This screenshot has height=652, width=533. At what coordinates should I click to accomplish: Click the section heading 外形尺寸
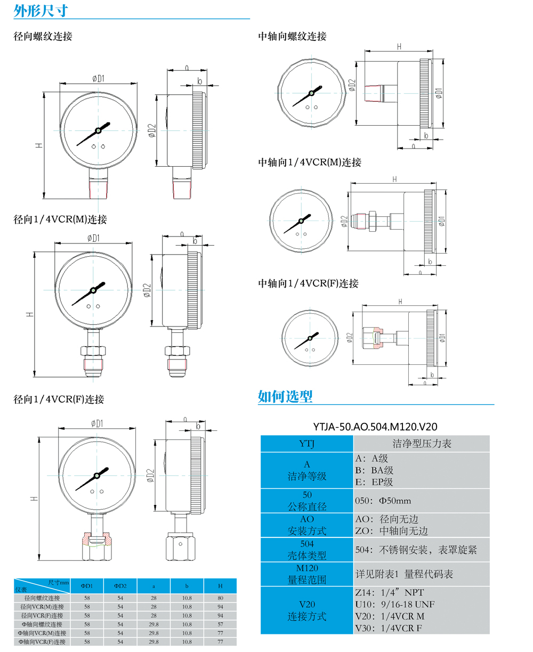click(x=41, y=10)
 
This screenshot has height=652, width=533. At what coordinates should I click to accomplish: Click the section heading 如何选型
click(x=285, y=396)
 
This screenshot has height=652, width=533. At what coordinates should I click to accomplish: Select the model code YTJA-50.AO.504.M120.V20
click(x=375, y=426)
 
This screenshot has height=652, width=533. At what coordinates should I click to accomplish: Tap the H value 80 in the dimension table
click(x=220, y=598)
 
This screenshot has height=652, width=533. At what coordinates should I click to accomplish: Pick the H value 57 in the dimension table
click(x=220, y=624)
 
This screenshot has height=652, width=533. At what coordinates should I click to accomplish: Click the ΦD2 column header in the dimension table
click(x=120, y=586)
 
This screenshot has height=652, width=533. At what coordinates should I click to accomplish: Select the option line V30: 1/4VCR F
click(x=390, y=627)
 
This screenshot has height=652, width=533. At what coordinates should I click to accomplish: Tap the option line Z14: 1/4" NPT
click(x=390, y=592)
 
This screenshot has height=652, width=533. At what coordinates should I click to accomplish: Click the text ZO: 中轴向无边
click(x=391, y=531)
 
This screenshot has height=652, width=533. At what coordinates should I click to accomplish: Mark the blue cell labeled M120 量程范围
click(x=307, y=574)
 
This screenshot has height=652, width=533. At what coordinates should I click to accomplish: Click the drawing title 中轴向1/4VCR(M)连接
click(x=310, y=162)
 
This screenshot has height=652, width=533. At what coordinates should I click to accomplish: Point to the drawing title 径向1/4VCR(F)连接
click(x=59, y=399)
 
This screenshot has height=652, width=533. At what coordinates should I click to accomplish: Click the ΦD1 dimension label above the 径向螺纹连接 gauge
click(x=97, y=78)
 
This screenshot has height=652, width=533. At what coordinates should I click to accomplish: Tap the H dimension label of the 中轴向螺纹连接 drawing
click(x=399, y=46)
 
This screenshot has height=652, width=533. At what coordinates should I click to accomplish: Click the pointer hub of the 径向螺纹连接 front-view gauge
click(x=99, y=130)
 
